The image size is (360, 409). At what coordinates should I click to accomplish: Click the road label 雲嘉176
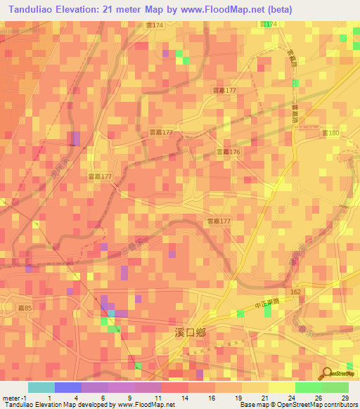coord(227,152)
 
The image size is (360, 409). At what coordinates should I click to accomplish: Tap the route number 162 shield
coord(295,290)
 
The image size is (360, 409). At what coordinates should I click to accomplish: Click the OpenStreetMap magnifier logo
coord(328,373)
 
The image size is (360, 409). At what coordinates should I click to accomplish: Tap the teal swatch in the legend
coord(41,387)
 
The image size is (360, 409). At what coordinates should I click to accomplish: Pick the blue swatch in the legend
coord(67,387)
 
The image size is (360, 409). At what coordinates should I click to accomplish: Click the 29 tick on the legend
coord(344,398)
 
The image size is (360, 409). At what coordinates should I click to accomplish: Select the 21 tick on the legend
coord(264,398)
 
